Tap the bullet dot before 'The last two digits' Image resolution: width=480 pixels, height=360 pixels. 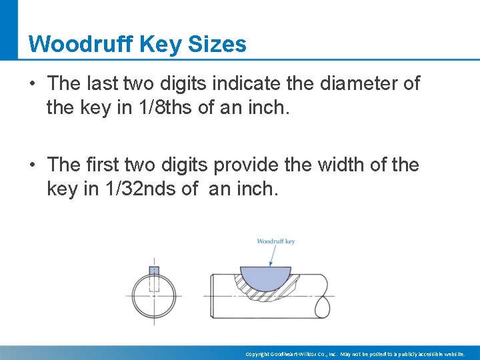(x=32, y=84)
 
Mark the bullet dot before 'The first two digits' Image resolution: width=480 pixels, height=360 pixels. (x=32, y=165)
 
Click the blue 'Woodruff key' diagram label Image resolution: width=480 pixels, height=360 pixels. (x=275, y=241)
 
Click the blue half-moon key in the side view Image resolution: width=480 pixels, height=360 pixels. (x=265, y=276)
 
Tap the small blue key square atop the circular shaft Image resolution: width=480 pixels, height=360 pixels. (x=154, y=270)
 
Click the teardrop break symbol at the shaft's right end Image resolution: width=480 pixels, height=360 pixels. (x=321, y=306)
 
